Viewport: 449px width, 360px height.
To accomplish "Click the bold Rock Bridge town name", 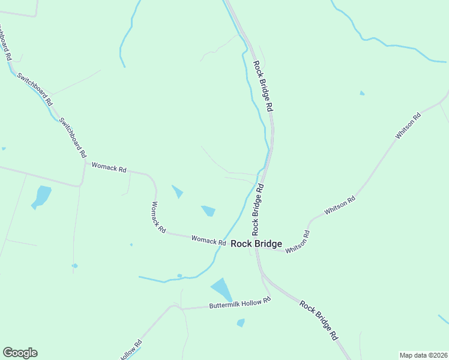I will [x=256, y=244].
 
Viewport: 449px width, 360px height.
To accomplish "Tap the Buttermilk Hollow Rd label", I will [x=240, y=304].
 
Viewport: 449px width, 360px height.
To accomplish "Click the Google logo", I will [x=20, y=353].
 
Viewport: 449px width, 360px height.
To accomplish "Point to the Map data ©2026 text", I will [x=423, y=355].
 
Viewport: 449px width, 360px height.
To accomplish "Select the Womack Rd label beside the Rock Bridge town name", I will [x=208, y=240].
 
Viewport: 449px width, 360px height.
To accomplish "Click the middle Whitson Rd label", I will [x=340, y=205].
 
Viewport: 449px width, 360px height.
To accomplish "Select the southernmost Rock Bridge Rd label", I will [x=319, y=321].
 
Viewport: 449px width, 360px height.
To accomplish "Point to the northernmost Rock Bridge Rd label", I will [x=263, y=86].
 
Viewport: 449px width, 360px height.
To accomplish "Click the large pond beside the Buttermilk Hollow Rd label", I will [x=221, y=289].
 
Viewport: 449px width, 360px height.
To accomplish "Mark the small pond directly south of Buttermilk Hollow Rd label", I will [x=241, y=323].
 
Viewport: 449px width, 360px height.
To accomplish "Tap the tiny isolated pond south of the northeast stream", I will [x=361, y=93].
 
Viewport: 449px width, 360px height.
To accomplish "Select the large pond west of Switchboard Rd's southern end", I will [x=41, y=196].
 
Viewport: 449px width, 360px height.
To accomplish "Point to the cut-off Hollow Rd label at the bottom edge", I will [x=130, y=350].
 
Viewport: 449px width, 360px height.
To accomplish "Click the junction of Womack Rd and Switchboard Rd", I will [x=85, y=162].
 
